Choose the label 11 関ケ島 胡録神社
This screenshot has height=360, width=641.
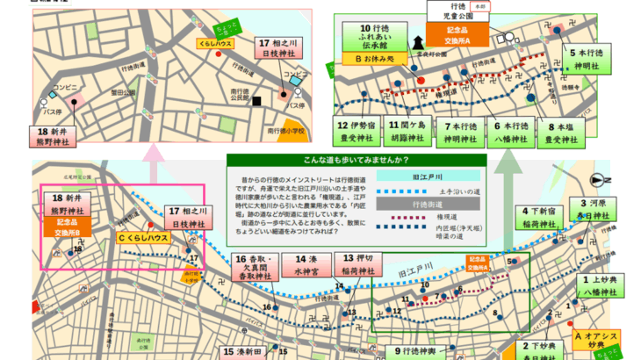click(x=407, y=131)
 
